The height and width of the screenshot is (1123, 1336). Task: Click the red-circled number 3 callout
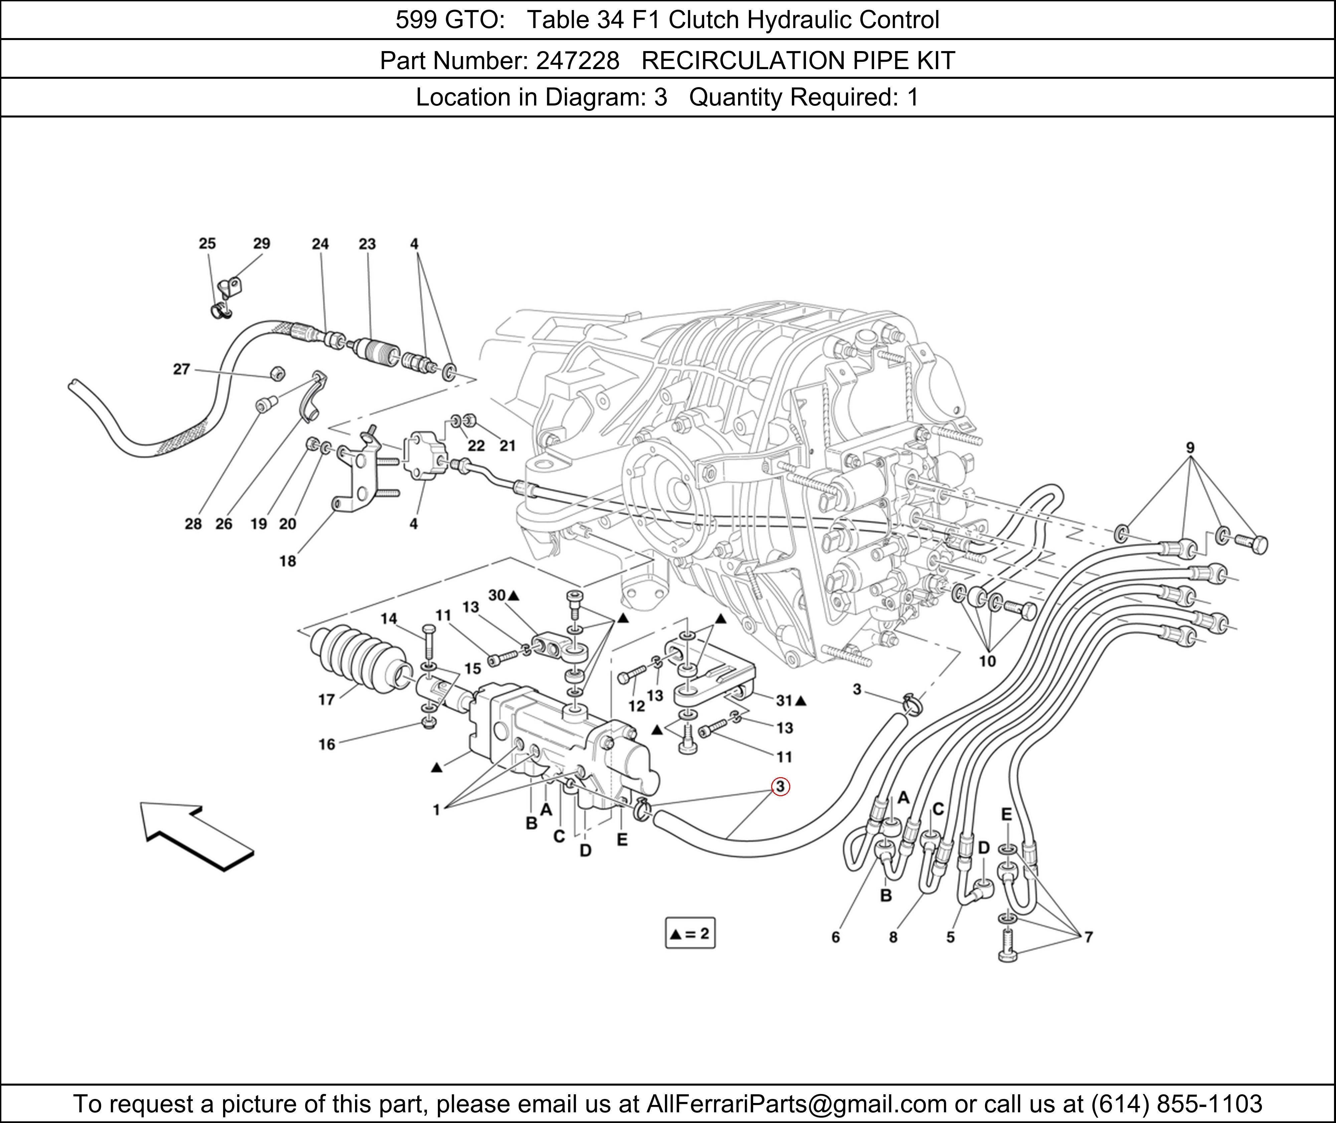coord(780,787)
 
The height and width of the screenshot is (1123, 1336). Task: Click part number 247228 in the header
coord(577,60)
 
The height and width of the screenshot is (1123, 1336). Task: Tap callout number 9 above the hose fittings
coord(1189,448)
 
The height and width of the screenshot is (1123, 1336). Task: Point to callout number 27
coord(181,369)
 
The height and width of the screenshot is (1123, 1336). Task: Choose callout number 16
coord(327,744)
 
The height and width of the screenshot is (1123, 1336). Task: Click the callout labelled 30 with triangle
coord(503,595)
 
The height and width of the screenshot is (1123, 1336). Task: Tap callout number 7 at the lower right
coord(1088,936)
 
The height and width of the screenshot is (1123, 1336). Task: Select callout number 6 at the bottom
coord(835,936)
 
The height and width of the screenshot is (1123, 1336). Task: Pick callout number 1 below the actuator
coord(436,810)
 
